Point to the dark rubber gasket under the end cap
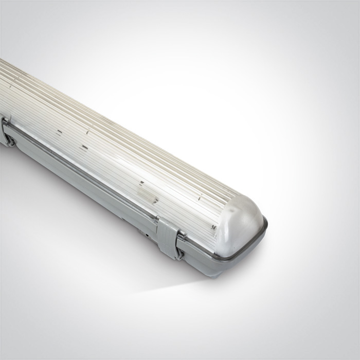242,251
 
